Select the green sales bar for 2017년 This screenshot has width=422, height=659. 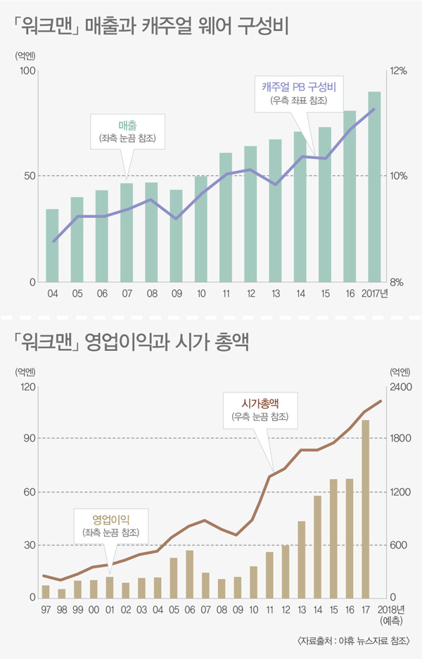[374, 187]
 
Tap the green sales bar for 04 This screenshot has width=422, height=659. [52, 245]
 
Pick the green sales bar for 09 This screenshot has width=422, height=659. [176, 236]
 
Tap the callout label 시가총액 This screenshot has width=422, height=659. [260, 404]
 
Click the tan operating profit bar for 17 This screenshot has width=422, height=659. [366, 508]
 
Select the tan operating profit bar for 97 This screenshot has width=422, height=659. [46, 591]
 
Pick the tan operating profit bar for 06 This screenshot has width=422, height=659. [189, 574]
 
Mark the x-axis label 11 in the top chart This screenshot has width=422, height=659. [225, 293]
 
